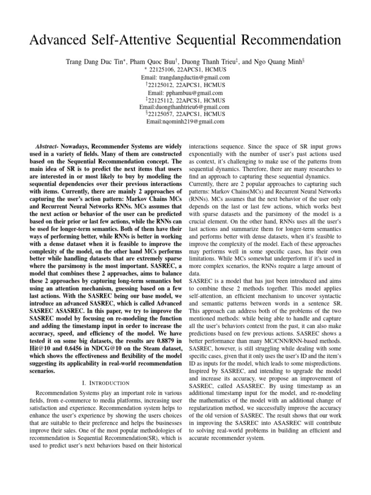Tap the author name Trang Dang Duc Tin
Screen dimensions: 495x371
click(x=95, y=61)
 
